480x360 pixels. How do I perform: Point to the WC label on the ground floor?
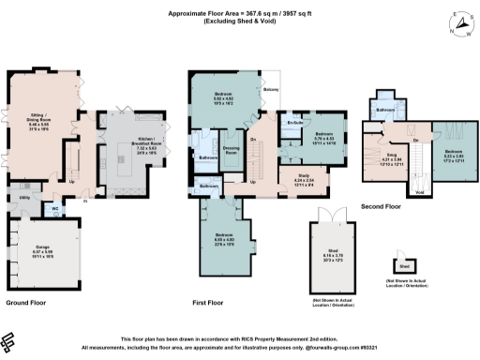pos(55,208)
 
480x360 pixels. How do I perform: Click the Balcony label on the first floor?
pos(271,90)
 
